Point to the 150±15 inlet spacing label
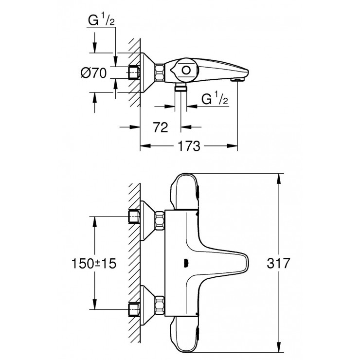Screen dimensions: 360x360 point(95,263)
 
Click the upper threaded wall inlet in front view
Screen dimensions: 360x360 point(133,216)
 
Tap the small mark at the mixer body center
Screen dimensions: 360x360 point(185,263)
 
